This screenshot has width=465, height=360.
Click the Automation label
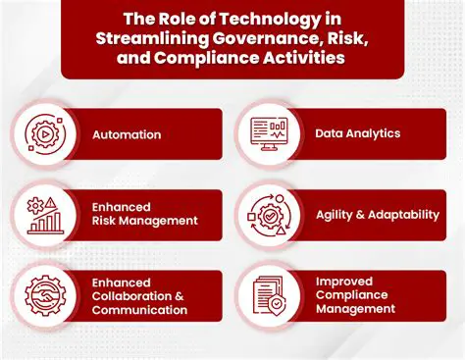point(127,134)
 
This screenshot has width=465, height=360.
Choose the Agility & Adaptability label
point(377,215)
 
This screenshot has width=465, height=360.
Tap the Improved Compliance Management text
point(355,294)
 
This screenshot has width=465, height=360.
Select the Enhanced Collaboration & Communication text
point(139,295)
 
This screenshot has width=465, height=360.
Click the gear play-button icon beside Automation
point(44,134)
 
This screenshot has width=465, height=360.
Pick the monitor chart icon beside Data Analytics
point(268,132)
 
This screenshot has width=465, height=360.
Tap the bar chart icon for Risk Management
point(44,215)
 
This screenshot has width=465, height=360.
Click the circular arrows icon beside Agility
point(268,215)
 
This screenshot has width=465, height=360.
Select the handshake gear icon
point(44,295)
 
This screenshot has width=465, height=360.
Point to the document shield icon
point(268,295)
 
